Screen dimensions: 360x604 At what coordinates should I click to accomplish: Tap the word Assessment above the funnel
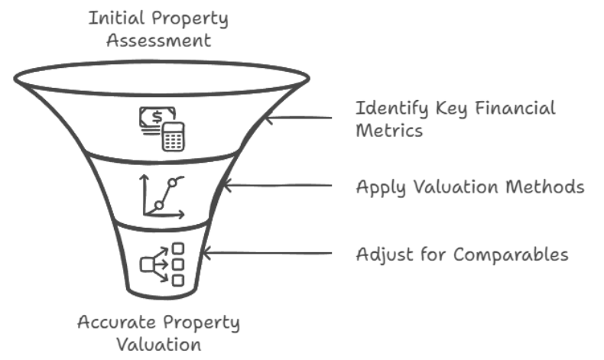point(158,40)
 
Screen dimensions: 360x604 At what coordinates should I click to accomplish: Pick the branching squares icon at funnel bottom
point(163,264)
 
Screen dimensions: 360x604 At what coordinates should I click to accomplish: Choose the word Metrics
point(389,131)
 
